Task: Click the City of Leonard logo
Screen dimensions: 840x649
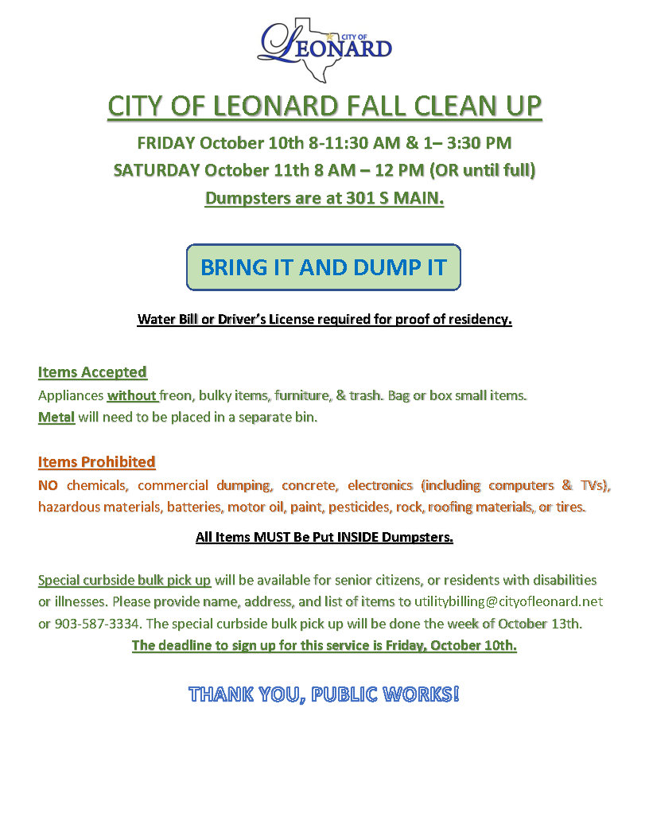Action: [324, 47]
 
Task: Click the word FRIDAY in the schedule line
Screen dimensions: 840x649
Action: [166, 143]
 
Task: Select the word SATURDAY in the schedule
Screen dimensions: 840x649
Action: [157, 170]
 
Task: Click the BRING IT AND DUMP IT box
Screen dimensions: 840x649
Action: [324, 267]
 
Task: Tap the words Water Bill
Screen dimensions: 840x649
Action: [166, 320]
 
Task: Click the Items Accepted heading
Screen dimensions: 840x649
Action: [92, 372]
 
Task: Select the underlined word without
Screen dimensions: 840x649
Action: [132, 395]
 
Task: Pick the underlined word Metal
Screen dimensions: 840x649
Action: [56, 418]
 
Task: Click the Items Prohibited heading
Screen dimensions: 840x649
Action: [96, 462]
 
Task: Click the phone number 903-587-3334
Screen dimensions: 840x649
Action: [92, 624]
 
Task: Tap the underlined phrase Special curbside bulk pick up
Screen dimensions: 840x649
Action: [124, 580]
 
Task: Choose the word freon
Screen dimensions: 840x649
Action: [177, 395]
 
